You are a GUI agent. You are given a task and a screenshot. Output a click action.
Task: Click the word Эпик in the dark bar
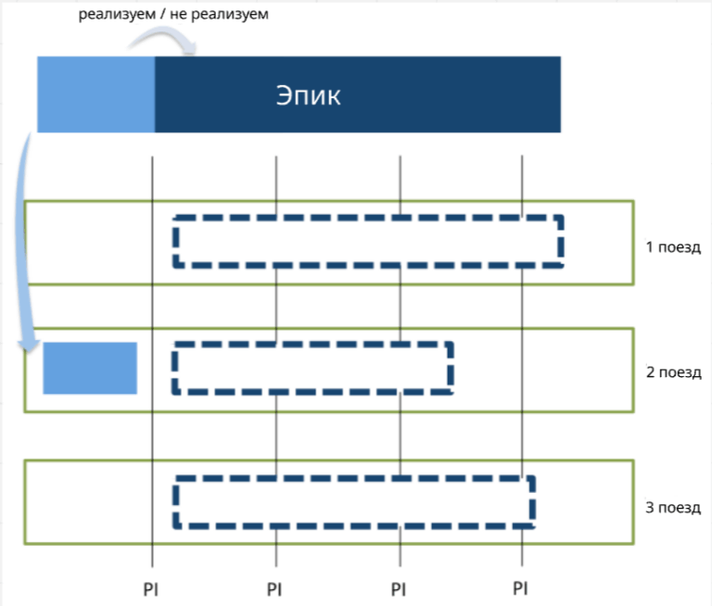point(309,95)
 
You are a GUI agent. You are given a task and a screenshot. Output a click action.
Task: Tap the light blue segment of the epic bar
point(95,95)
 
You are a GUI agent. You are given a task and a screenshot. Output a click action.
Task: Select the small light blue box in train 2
point(90,368)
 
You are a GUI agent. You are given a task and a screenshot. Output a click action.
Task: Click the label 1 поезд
point(673,247)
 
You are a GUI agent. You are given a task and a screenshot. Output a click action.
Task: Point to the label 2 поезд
point(674,372)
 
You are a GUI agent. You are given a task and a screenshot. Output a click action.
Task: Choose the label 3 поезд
point(673,507)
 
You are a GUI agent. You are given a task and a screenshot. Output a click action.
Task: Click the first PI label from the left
point(151,589)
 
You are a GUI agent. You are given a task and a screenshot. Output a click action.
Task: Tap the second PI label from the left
point(274,589)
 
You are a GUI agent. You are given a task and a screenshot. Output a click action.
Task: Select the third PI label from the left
point(399,589)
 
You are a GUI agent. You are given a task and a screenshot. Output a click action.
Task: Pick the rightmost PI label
point(520,588)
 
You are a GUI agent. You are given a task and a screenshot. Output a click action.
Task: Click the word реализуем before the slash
point(117,14)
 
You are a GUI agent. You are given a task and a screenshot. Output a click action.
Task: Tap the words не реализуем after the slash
point(220,14)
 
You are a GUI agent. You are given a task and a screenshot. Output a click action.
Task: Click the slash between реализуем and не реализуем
point(162,14)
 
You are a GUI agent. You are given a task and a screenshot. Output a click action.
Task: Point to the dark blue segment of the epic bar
point(358,95)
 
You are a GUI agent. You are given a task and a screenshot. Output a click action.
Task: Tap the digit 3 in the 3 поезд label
point(650,507)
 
